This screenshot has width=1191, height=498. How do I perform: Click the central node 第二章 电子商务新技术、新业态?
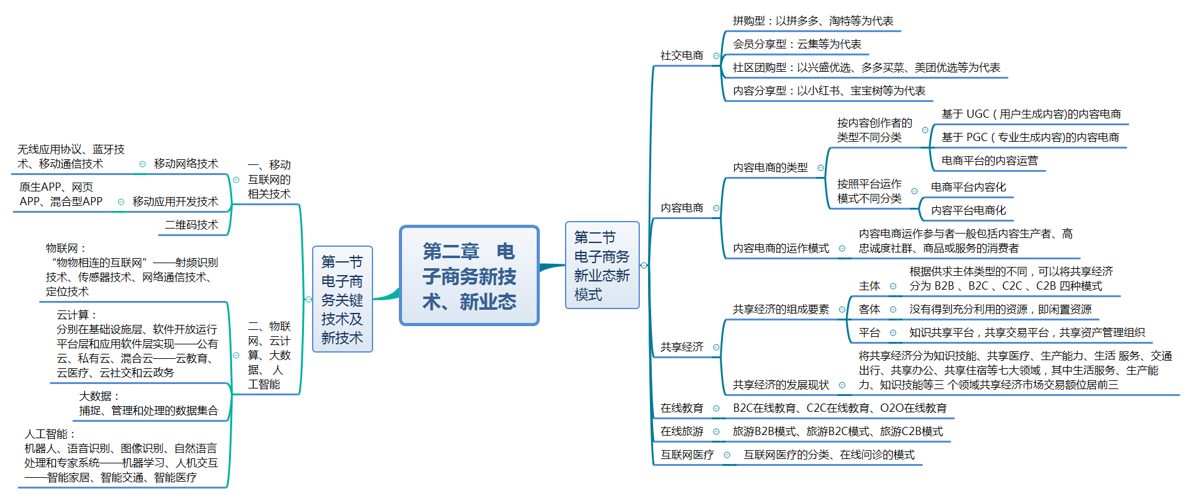point(469,276)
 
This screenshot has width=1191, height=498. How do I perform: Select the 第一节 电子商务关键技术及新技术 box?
point(342,299)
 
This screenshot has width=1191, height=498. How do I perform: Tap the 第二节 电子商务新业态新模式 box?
point(602,266)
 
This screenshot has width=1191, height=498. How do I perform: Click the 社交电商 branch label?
point(681,56)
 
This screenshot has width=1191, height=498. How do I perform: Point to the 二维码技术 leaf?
point(191,225)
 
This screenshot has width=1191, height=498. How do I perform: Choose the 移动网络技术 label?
point(186,164)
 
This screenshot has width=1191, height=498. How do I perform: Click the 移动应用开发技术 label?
point(175,202)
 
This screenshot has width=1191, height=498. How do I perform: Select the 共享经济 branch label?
point(681,348)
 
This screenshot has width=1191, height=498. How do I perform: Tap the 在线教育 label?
point(681,409)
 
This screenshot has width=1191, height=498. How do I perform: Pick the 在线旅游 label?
point(681,432)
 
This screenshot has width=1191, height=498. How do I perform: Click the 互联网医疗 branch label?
point(687,455)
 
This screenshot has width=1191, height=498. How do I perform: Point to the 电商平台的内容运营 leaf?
point(989,161)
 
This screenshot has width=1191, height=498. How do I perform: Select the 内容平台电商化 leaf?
point(968,211)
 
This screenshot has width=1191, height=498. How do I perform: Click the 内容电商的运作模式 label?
point(781,249)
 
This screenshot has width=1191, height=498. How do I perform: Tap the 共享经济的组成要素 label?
point(781,310)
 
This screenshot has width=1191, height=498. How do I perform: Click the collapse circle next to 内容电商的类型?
point(820,168)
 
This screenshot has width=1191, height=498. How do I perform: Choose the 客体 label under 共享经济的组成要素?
point(869,310)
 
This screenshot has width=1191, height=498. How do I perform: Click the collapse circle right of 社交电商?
point(716,56)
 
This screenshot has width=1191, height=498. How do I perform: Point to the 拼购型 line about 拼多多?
point(813,21)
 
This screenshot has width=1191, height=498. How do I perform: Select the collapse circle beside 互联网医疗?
point(727,455)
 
